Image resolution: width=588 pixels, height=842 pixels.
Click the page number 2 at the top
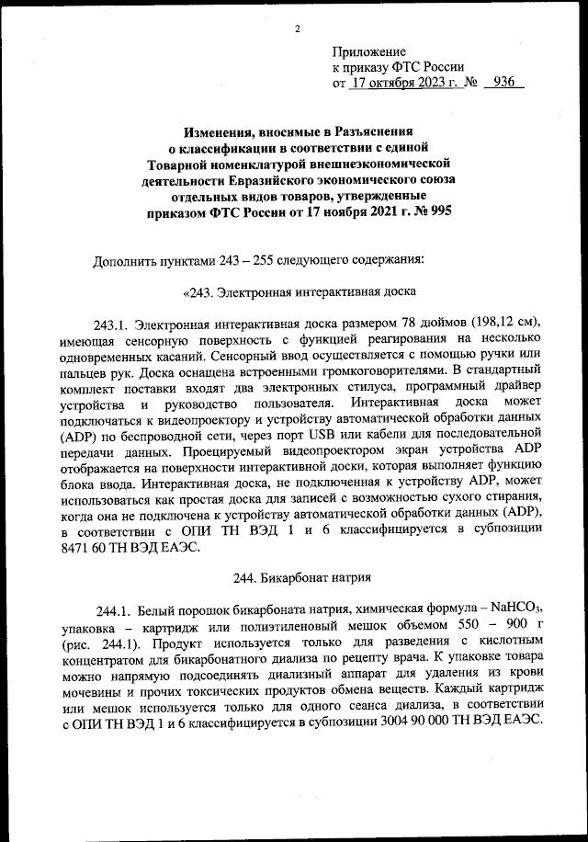pos(298,28)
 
